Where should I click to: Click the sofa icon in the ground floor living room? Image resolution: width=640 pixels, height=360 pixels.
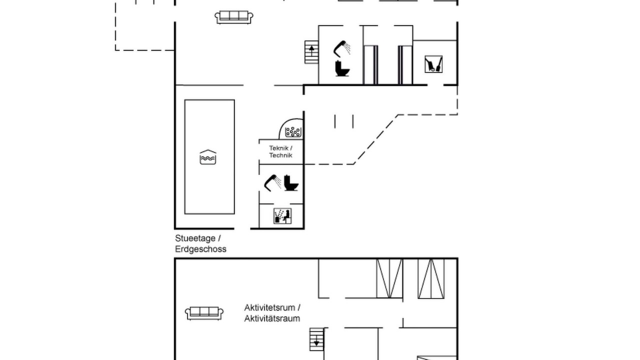pos(233,17)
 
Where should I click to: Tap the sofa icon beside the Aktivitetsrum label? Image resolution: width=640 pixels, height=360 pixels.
pos(204,313)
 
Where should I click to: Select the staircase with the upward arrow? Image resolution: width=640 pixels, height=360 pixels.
pos(311,52)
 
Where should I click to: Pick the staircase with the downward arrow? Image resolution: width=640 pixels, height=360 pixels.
pos(316,339)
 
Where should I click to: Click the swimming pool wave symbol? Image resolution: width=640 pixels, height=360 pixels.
pos(208,157)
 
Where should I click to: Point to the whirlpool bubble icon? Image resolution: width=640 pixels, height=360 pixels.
pos(293,131)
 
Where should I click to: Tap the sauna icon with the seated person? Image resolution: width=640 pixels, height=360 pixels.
pos(282,216)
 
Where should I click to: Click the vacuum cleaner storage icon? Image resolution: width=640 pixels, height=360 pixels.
pos(433,64)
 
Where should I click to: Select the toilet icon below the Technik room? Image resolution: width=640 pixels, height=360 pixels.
pos(291,183)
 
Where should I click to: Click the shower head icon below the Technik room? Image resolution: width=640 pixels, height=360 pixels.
pos(272,183)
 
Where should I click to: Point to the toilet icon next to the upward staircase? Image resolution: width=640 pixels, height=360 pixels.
pos(342,68)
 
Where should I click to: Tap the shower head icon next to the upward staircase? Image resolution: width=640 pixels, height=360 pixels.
pos(342,49)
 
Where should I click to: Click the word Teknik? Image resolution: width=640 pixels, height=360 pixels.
pos(278,148)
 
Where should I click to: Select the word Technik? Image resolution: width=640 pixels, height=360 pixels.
pos(280,155)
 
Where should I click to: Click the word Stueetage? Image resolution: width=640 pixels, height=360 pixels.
pos(195,238)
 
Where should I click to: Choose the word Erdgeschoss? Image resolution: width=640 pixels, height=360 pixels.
pos(200,249)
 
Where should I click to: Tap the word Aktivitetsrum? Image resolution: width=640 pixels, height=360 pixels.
pos(269,307)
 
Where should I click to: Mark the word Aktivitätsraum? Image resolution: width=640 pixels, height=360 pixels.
pos(272,318)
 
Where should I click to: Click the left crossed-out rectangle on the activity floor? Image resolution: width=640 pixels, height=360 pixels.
pos(389,278)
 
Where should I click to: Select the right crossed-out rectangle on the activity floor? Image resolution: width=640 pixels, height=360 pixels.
pos(431,278)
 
